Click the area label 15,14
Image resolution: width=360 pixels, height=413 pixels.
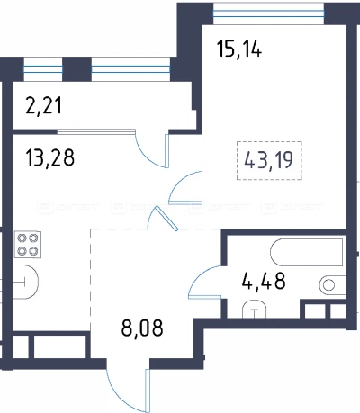[239, 49]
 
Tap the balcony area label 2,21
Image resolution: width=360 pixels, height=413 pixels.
[44, 106]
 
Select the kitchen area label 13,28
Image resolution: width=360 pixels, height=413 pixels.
[49, 157]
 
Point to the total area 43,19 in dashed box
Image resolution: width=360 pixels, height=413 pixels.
[269, 160]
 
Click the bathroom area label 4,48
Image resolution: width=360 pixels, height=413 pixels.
[264, 281]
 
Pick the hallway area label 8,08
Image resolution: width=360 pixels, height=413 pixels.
[142, 328]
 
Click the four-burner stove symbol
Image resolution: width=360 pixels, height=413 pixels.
[28, 245]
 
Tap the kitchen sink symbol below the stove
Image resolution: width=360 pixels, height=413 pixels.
[25, 282]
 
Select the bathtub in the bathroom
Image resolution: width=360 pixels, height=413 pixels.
[307, 252]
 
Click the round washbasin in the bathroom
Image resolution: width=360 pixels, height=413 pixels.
[328, 284]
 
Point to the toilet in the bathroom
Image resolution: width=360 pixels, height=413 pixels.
[255, 309]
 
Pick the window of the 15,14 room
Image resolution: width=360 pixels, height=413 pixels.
[269, 13]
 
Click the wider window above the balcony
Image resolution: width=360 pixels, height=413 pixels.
[130, 69]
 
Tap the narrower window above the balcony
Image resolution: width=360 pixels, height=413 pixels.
[43, 69]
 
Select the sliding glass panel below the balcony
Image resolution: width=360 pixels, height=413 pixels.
[96, 130]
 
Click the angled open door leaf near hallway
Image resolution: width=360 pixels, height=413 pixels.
[166, 219]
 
